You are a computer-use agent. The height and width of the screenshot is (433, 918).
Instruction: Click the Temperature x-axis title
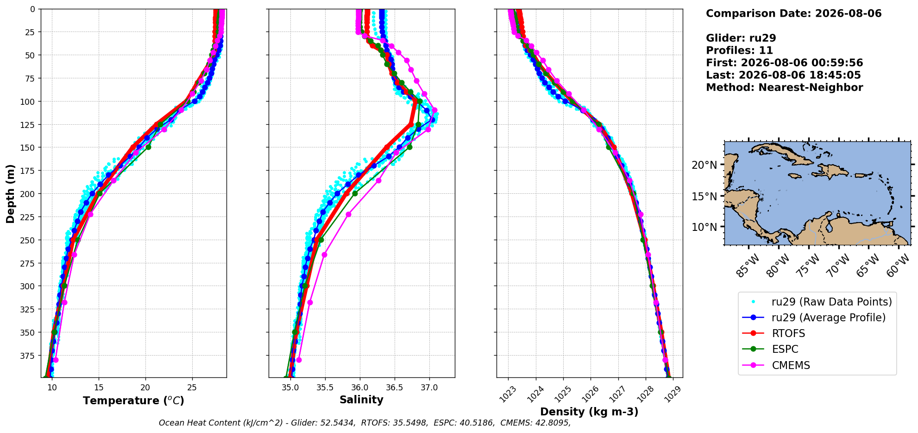coord(133,401)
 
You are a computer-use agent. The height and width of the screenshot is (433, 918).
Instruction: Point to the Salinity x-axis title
coord(361,400)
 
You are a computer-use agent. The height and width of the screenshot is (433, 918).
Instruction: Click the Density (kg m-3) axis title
coord(589,412)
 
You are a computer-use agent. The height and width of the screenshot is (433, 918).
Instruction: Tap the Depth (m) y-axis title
coord(11,193)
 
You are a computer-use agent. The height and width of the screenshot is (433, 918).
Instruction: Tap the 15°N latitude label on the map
coord(704,197)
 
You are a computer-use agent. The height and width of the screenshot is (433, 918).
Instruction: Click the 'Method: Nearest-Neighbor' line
coord(784,88)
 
